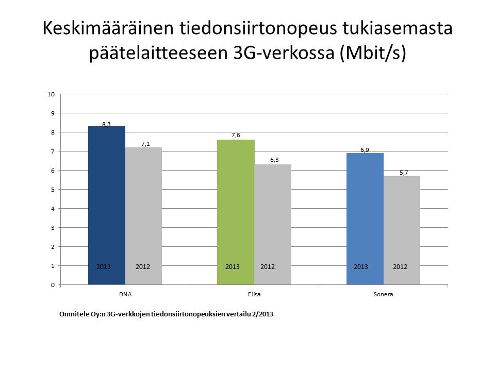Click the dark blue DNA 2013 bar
tap(107, 206)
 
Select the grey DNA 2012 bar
tap(144, 216)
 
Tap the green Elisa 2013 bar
tap(236, 212)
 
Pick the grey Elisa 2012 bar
tap(273, 225)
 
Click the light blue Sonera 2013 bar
tap(365, 219)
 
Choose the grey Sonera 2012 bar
tap(402, 230)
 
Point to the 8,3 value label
tap(106, 124)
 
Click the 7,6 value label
tap(236, 135)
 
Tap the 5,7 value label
tap(404, 173)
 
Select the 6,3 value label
tap(274, 160)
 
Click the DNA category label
tap(125, 294)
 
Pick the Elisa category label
tap(254, 294)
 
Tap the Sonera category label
tap(383, 294)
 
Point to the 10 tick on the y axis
tap(51, 94)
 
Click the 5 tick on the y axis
tap(53, 190)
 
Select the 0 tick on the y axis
tap(53, 285)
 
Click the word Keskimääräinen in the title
tap(108, 28)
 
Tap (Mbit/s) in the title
tap(372, 53)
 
